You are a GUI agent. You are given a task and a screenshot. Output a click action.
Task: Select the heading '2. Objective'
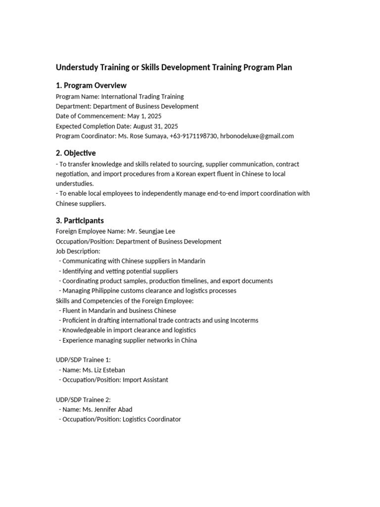76,153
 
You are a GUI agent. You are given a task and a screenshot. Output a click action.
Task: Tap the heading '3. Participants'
80,220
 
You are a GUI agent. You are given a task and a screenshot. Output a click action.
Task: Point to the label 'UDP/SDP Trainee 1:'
83,360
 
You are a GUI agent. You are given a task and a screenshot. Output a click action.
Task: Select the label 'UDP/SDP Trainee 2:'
83,400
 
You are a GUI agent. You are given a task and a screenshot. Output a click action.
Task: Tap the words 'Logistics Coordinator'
152,419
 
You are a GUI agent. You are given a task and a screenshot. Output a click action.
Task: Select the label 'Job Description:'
78,251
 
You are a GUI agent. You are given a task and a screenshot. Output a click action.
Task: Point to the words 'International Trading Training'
142,97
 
